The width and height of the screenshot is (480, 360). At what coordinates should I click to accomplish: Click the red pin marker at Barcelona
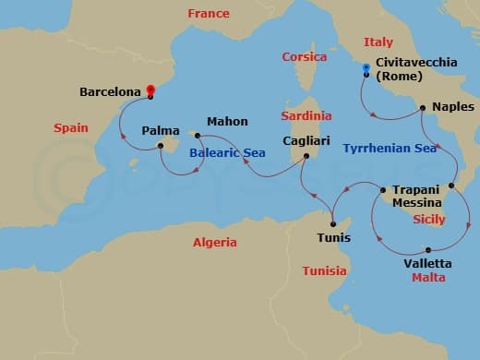tap(151, 91)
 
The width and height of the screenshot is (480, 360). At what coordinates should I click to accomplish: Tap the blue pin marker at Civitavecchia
tap(366, 68)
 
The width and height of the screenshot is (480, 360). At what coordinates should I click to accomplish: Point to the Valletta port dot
tap(429, 249)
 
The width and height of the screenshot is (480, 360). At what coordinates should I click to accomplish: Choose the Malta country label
tap(428, 277)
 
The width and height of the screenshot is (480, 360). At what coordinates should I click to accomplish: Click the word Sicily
tap(428, 220)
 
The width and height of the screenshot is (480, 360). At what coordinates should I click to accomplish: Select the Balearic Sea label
tap(222, 153)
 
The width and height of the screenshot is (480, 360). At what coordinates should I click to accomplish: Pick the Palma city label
tap(161, 131)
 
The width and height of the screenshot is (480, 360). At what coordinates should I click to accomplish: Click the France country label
tap(208, 14)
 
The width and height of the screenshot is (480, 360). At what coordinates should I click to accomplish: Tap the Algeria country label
tap(214, 243)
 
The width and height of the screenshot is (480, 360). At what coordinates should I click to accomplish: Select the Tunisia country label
tap(325, 270)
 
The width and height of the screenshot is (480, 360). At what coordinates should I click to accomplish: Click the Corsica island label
tap(305, 57)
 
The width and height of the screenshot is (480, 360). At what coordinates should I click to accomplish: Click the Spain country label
tap(71, 128)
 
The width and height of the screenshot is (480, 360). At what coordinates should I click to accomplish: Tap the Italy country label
tap(378, 42)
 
